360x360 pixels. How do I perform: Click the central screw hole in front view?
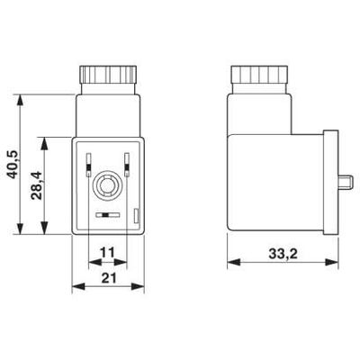tap(107, 188)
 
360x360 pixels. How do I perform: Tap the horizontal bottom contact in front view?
tap(107, 216)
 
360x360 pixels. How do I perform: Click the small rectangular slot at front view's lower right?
tap(135, 214)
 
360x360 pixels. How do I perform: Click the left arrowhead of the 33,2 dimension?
tap(229, 265)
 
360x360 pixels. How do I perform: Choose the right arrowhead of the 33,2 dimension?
tap(333, 265)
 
